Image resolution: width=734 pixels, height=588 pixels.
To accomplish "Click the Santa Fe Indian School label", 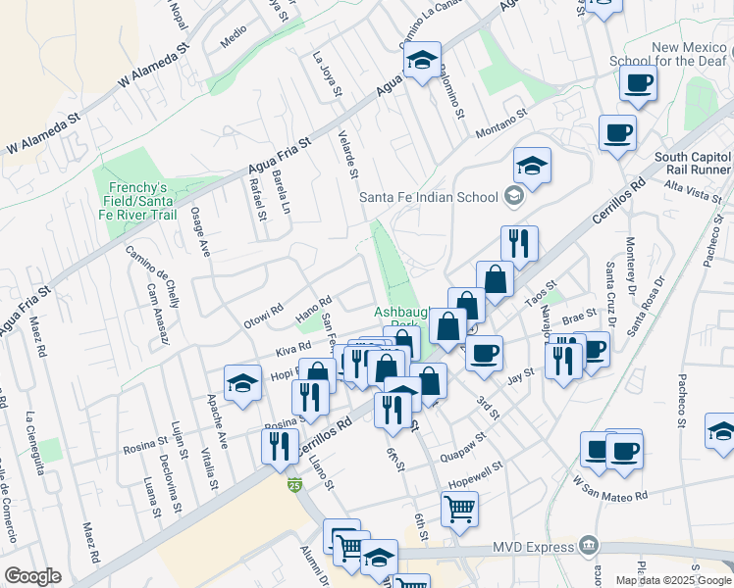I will [x=429, y=197].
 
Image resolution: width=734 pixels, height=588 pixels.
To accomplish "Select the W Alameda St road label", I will [x=153, y=67].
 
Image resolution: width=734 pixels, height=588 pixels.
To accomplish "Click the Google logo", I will [x=32, y=576].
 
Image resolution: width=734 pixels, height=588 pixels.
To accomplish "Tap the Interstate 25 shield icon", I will [x=294, y=484].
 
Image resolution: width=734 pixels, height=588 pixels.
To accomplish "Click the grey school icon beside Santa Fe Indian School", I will [x=512, y=197].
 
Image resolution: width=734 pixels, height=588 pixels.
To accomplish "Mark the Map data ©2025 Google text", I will [x=672, y=580].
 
